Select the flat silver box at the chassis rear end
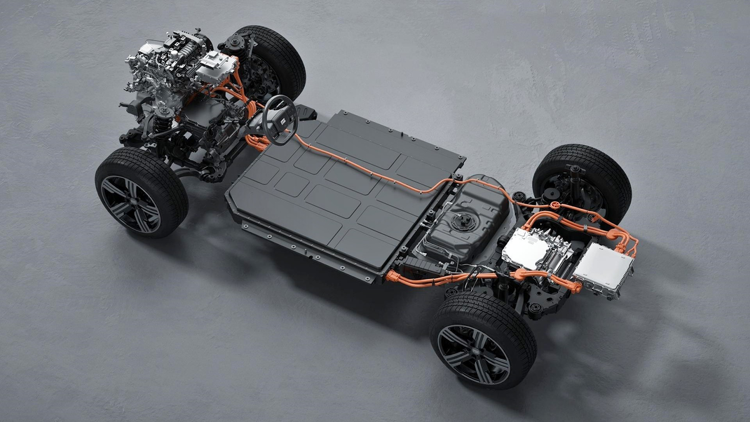(602, 269)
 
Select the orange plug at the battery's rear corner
(394, 276)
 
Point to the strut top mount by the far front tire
(236, 42)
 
